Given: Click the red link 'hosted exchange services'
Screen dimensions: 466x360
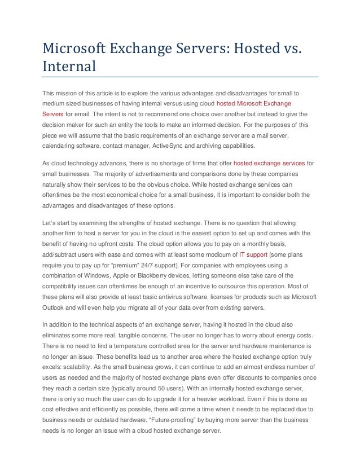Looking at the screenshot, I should (x=273, y=162).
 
